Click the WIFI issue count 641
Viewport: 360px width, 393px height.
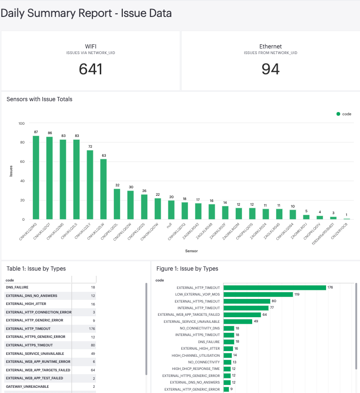(x=90, y=69)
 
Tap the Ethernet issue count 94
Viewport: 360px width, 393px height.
(x=270, y=69)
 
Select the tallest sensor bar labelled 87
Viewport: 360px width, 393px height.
(x=36, y=177)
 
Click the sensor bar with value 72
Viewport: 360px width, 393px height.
(x=90, y=184)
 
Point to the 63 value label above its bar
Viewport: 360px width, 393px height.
(x=104, y=155)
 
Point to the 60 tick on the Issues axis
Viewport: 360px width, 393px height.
(x=21, y=162)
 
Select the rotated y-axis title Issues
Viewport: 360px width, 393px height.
(x=11, y=171)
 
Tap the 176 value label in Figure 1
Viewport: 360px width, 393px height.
(x=330, y=288)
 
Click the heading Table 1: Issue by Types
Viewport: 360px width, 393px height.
(x=36, y=269)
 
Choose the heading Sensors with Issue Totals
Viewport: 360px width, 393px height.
(x=40, y=99)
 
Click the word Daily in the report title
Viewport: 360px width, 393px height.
(x=13, y=13)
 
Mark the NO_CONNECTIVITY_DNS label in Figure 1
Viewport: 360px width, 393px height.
(x=200, y=328)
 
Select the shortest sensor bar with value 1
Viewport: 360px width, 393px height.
(x=347, y=219)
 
